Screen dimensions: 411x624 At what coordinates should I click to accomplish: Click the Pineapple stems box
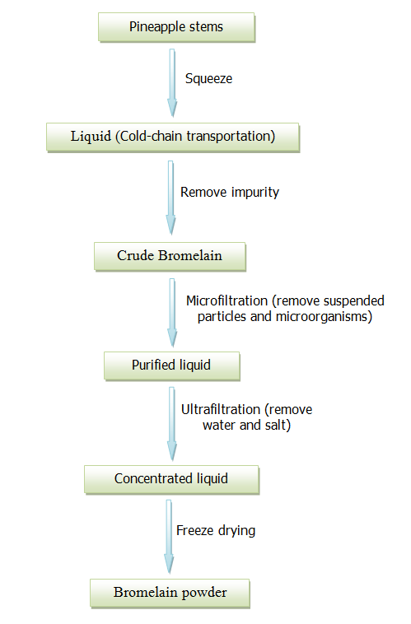coord(176,27)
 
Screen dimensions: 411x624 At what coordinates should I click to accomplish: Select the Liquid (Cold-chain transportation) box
coord(173,137)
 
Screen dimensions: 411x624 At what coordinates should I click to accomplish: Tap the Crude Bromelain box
coord(170,257)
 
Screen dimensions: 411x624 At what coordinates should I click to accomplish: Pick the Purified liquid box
coord(172,366)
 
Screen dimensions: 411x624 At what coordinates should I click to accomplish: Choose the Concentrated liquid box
coord(171,480)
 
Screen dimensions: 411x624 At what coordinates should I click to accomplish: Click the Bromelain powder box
coord(170,594)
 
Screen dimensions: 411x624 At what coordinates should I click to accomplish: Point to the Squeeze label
coord(208,79)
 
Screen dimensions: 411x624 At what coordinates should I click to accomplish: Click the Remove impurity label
coord(230,192)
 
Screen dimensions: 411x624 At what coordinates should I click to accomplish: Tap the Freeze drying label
coord(216,530)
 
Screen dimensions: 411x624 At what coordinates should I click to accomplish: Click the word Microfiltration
coord(227,300)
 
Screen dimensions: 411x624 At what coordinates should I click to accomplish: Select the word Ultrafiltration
coord(221,409)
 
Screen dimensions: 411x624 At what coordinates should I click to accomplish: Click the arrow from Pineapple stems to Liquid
coord(172,83)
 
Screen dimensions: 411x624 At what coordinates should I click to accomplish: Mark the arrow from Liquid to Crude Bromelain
coord(170,198)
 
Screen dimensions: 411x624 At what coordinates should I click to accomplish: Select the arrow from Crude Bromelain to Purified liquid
coord(172,313)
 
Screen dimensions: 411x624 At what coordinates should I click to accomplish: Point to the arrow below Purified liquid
coord(171,424)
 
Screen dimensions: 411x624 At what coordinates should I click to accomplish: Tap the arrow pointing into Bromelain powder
coord(169,537)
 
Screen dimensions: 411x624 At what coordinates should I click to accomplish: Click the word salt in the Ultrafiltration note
coord(278,426)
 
